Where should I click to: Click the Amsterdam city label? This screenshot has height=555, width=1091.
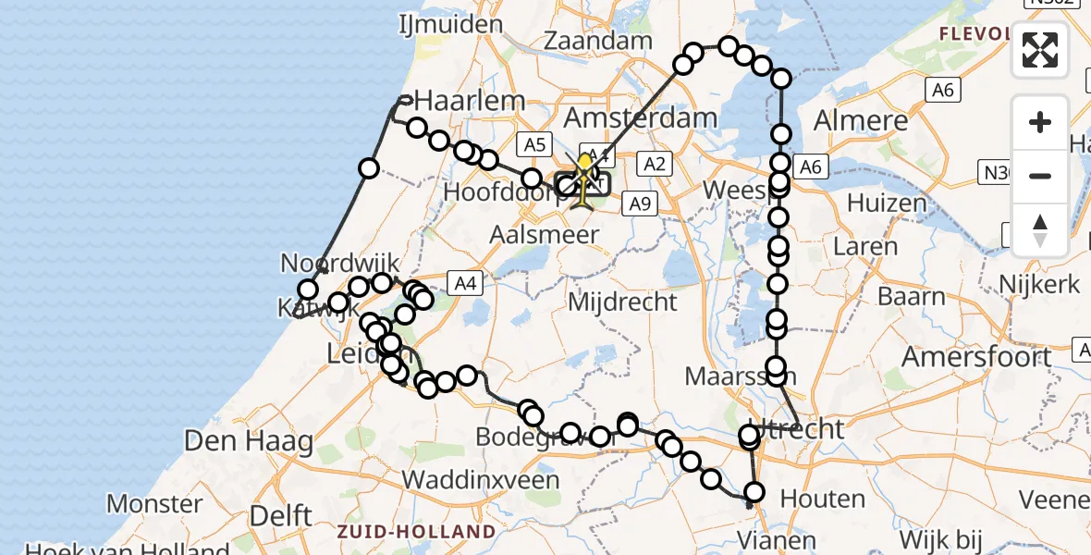click(x=640, y=117)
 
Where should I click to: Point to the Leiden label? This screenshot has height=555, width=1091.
click(x=356, y=352)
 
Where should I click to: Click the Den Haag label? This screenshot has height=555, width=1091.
click(x=249, y=440)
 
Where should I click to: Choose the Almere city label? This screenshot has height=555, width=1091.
click(x=861, y=120)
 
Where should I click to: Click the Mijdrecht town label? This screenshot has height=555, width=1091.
click(x=622, y=301)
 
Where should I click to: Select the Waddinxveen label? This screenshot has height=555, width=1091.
click(x=482, y=479)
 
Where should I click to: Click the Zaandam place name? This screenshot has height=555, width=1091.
click(x=597, y=42)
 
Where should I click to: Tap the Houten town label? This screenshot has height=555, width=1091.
click(x=823, y=499)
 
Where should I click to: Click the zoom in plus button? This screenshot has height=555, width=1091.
click(x=1040, y=122)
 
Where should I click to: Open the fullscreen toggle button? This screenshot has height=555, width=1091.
click(x=1040, y=50)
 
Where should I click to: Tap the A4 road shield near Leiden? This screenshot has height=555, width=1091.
click(x=465, y=283)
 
